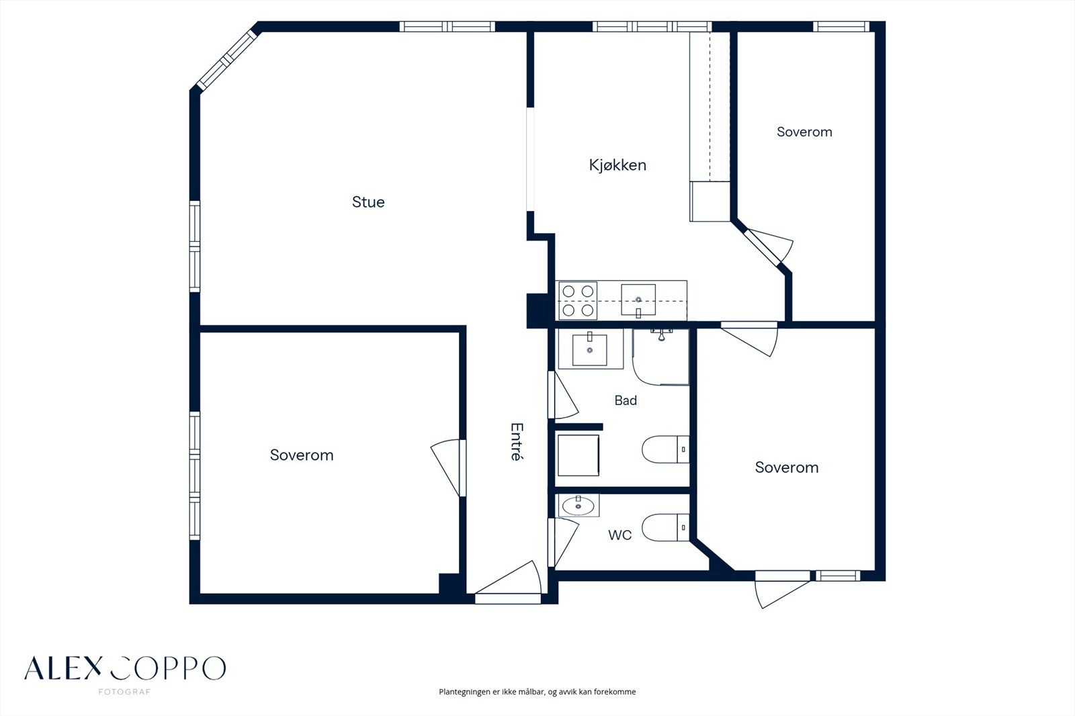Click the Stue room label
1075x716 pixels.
368,202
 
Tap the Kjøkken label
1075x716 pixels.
617,165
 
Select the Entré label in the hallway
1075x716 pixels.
517,441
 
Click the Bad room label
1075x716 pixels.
626,400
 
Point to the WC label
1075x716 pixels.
620,535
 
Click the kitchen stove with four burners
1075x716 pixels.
578,300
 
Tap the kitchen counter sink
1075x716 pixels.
638,300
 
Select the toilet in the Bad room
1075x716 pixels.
666,449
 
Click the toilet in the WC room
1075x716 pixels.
666,527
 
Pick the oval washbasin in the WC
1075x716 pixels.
578,505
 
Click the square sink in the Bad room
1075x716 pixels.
590,349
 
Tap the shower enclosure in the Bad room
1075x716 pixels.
661,357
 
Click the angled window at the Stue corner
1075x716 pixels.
227,60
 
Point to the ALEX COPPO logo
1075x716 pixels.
125,668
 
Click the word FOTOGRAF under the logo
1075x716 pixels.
124,692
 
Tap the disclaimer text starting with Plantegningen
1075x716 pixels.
537,692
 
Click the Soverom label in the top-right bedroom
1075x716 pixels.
804,132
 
